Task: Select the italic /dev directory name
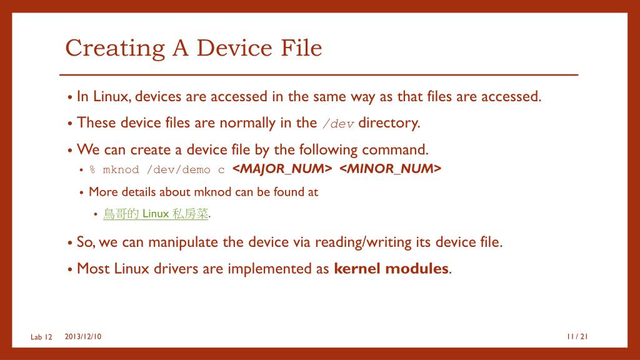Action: pyautogui.click(x=338, y=124)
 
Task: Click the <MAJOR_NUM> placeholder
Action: pyautogui.click(x=282, y=169)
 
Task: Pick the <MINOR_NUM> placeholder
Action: pyautogui.click(x=391, y=169)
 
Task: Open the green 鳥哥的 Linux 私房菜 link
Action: pyautogui.click(x=156, y=214)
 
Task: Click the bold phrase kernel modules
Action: pyautogui.click(x=391, y=269)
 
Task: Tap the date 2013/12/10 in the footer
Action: pyautogui.click(x=83, y=337)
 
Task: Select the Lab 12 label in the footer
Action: pyautogui.click(x=41, y=337)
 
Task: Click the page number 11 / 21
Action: pyautogui.click(x=577, y=337)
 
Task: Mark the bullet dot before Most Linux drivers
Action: pyautogui.click(x=70, y=269)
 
